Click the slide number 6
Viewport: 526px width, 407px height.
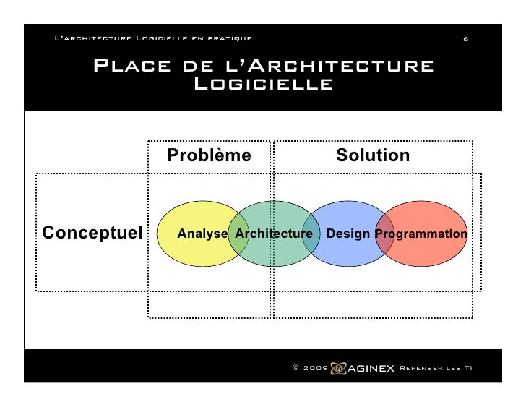(x=465, y=38)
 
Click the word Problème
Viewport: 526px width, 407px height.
(x=209, y=155)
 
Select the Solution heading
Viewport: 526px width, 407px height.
(x=373, y=155)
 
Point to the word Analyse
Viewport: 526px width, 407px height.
(x=202, y=234)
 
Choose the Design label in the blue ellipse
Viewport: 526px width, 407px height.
(x=349, y=234)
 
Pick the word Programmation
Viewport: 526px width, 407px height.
(x=421, y=234)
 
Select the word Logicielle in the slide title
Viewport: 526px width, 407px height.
(x=264, y=85)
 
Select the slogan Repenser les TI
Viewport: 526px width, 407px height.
(x=436, y=368)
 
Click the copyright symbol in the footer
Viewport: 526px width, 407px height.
(x=296, y=368)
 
